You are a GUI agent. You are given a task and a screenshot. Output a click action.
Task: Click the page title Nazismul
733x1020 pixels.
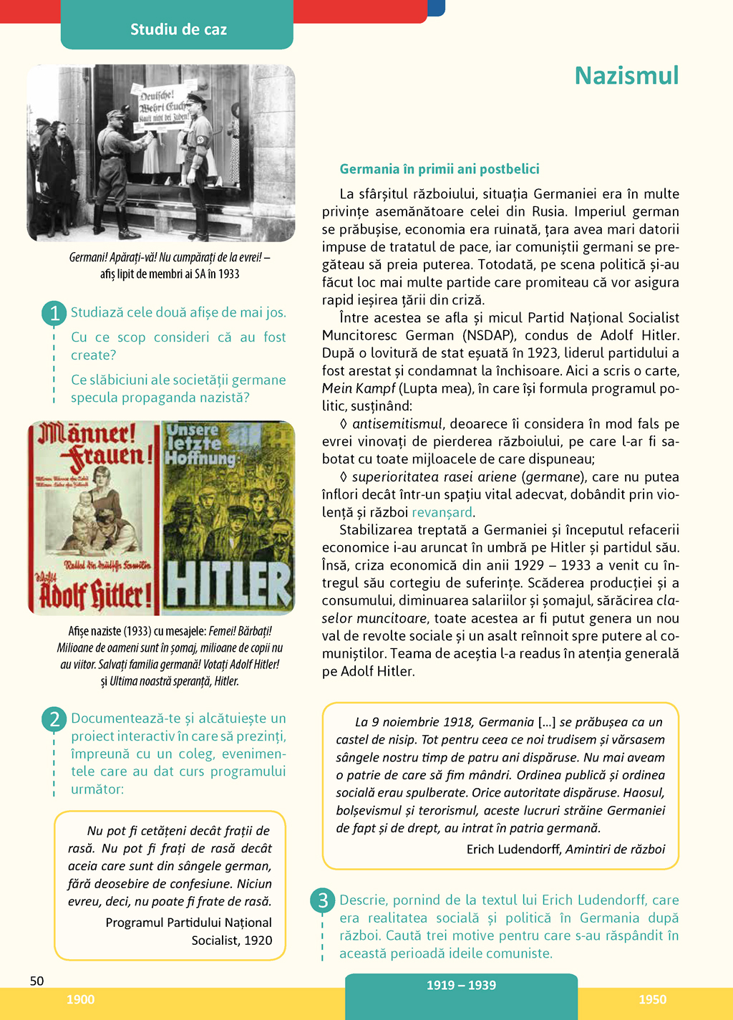point(626,76)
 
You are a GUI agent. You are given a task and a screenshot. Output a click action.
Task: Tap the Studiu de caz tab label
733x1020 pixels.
point(178,29)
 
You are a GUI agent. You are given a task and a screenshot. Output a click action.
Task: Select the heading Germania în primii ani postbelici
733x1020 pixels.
point(440,169)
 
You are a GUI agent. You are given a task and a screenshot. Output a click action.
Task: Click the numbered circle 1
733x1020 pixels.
point(54,313)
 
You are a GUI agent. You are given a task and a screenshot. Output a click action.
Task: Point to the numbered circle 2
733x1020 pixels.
point(54,718)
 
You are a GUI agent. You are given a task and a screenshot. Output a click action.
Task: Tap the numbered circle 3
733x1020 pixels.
point(323,900)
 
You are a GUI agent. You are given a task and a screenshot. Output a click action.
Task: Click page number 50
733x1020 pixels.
point(37,981)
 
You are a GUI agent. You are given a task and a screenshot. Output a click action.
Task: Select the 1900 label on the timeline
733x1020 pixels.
point(80,999)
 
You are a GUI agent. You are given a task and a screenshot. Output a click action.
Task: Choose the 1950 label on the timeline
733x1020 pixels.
point(652,999)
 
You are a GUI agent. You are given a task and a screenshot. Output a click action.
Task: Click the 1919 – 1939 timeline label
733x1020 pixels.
point(461,985)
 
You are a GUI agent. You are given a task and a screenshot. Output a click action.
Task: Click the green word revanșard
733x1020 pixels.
point(442,512)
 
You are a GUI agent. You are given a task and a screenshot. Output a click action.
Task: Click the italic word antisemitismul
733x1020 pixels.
point(398,424)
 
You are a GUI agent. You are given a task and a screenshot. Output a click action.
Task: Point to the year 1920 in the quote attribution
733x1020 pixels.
point(258,940)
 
